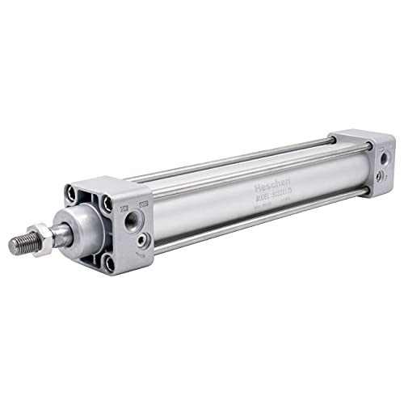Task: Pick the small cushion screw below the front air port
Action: [143, 239]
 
